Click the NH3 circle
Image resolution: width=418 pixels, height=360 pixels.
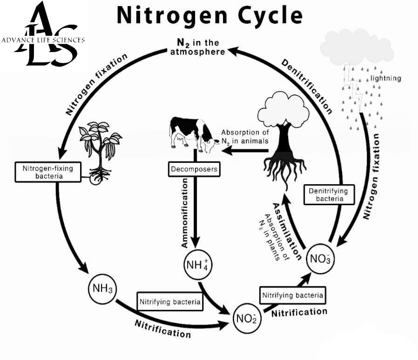tap(102, 288)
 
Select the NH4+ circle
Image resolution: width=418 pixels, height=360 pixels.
tap(198, 265)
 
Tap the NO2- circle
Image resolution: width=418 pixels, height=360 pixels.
tap(247, 318)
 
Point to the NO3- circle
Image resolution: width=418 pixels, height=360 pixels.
tap(320, 259)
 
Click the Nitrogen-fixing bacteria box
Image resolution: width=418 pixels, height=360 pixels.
tap(48, 172)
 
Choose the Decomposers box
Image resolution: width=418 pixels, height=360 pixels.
tap(194, 169)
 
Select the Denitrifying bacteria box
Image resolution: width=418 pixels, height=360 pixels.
tap(329, 195)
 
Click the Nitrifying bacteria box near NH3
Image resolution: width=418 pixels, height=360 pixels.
tap(170, 301)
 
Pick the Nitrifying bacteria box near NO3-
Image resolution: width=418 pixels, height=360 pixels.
tap(292, 295)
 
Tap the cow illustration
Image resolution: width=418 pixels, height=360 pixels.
tap(194, 135)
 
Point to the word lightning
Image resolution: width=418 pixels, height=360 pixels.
tap(385, 78)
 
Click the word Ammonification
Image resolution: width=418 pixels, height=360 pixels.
tap(184, 213)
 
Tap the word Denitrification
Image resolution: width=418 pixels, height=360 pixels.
tap(307, 87)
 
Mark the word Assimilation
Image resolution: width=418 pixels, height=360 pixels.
tap(287, 231)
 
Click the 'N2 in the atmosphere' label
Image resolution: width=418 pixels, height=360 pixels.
tap(197, 47)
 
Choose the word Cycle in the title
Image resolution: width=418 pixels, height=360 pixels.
tap(270, 16)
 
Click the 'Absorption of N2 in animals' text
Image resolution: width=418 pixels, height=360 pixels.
tap(245, 137)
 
